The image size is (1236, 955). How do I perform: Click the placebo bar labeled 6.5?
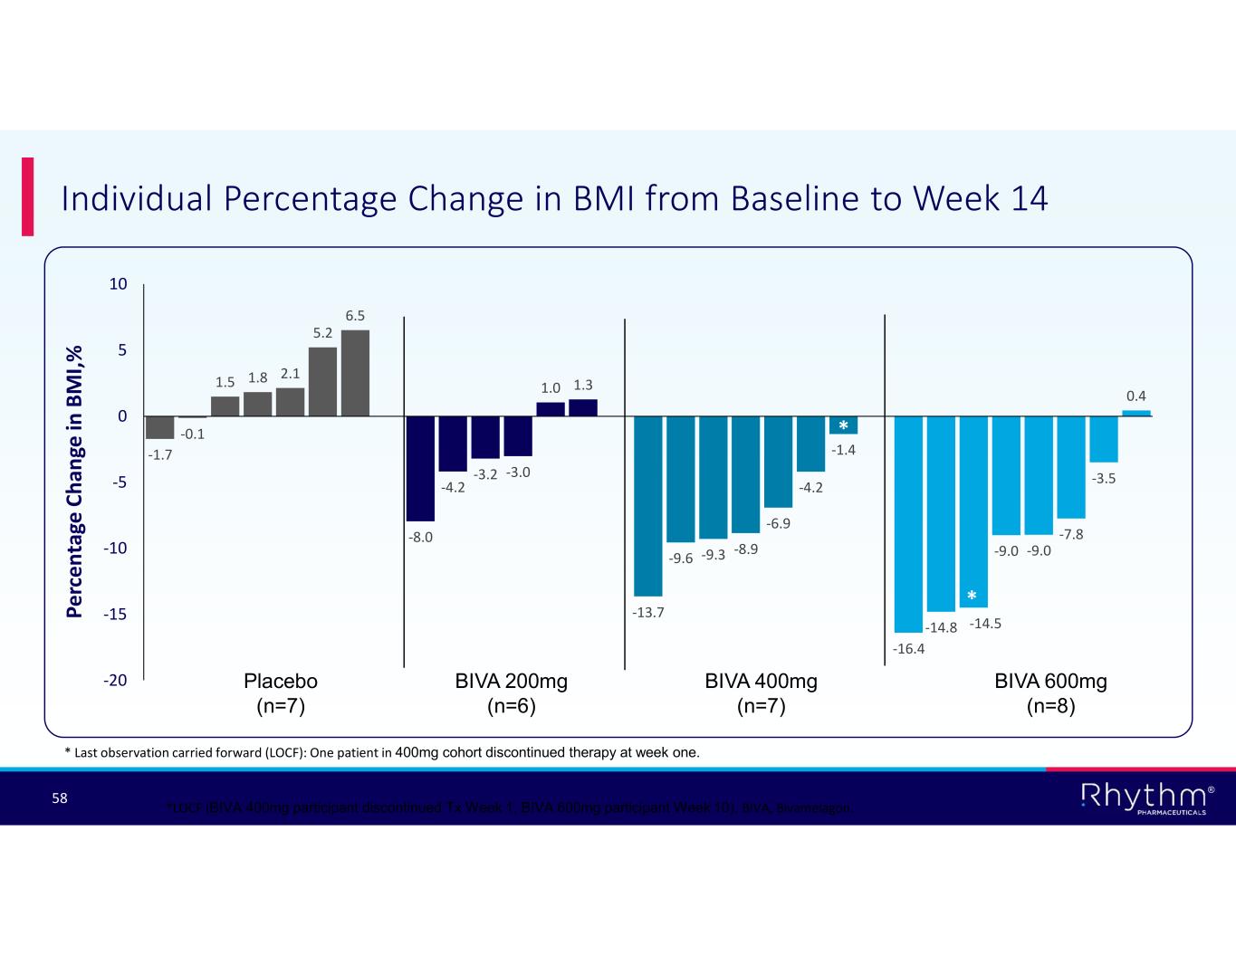coord(355,373)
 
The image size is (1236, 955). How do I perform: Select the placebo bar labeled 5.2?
coord(322,381)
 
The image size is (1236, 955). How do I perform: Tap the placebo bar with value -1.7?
coord(160,427)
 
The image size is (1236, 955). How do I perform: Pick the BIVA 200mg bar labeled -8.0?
coord(421,468)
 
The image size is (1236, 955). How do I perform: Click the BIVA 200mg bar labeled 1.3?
coord(583,408)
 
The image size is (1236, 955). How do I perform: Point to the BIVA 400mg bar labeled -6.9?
coord(778,462)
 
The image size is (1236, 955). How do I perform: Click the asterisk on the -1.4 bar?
coord(843,425)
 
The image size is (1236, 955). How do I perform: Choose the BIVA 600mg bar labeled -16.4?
coord(908,523)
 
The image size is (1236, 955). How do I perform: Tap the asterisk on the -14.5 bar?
coord(972,596)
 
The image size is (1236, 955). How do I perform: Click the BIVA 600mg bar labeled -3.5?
coord(1104,439)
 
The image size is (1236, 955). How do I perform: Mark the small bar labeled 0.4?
coord(1136,414)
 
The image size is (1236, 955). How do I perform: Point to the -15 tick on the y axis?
coord(116,615)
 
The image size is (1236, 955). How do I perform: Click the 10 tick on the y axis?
coord(119,284)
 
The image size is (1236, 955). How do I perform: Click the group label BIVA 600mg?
coord(1050,682)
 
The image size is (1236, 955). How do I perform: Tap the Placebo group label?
coord(281,682)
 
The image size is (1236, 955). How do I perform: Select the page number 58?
coord(60,798)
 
